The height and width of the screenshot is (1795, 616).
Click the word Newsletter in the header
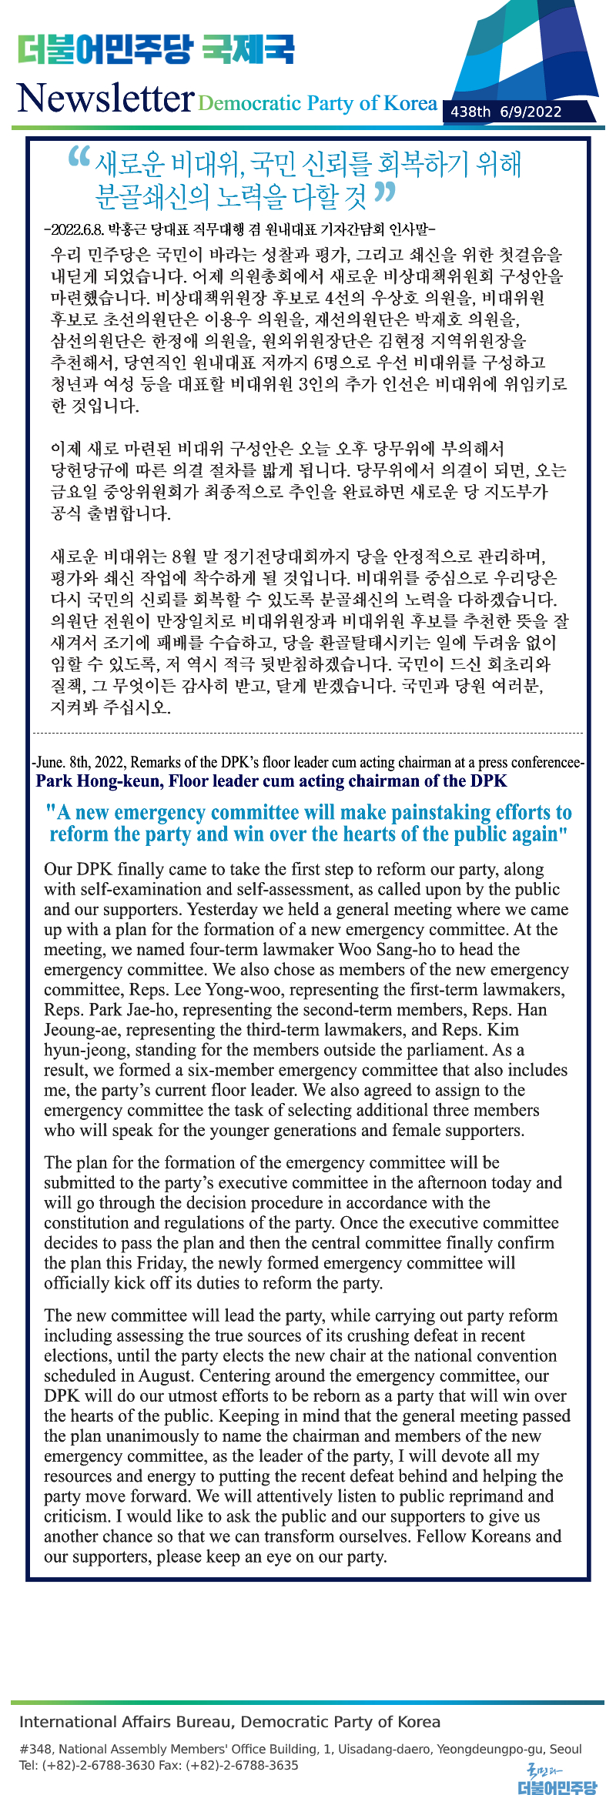(x=105, y=99)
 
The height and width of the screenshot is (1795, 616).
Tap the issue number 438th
(x=470, y=112)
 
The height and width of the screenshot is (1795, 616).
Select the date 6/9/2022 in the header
(x=531, y=112)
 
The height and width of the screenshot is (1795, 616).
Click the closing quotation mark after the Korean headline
(x=385, y=192)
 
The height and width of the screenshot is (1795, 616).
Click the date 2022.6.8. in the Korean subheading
(x=77, y=229)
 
